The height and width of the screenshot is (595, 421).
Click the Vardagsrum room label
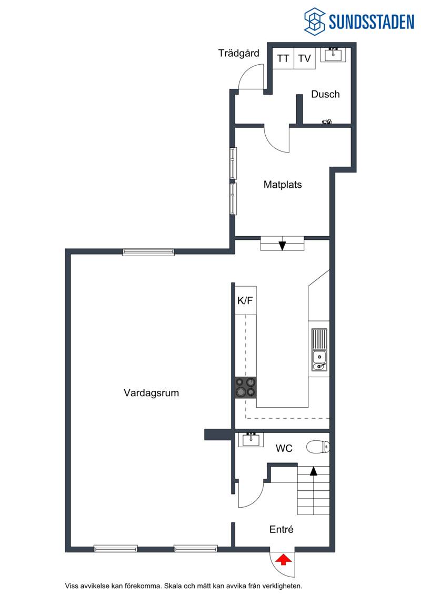(x=151, y=393)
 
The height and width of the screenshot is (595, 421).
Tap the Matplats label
(x=283, y=185)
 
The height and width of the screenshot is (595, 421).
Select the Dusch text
(x=325, y=94)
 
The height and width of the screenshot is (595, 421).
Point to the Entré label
(x=282, y=529)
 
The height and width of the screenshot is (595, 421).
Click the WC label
(x=284, y=449)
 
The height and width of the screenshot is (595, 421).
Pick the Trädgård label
(x=239, y=53)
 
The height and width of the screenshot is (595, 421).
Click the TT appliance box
(x=283, y=58)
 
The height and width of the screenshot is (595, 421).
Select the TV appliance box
(x=305, y=58)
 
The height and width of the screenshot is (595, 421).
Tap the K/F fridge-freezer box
(x=245, y=300)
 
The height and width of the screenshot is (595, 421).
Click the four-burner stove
(x=246, y=387)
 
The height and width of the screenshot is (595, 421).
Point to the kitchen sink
(x=319, y=349)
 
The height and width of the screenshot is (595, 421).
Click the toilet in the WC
(x=318, y=447)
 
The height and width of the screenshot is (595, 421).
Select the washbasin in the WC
(x=251, y=440)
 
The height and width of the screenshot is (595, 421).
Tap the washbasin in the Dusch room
(x=333, y=55)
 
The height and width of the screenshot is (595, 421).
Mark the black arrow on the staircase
(x=313, y=471)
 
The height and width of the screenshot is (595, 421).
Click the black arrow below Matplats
(x=282, y=246)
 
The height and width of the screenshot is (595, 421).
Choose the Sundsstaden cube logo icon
(x=314, y=21)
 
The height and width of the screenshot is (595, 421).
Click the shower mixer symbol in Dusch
(x=326, y=122)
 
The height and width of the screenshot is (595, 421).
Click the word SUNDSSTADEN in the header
(x=372, y=22)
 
